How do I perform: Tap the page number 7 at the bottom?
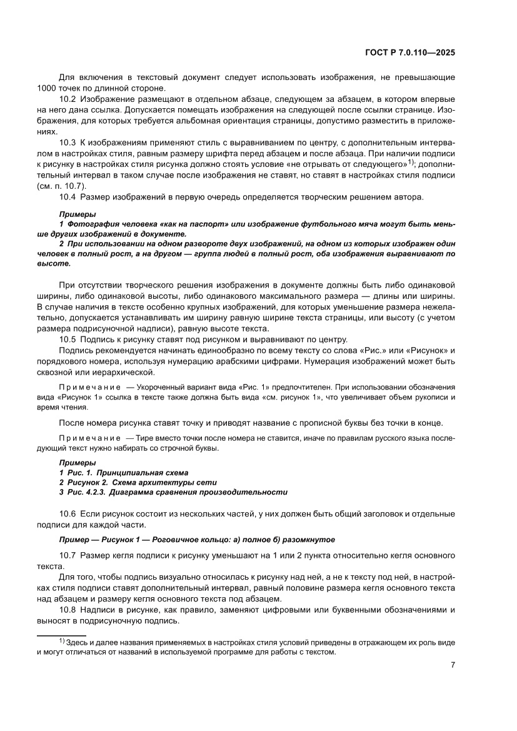pyautogui.click(x=452, y=665)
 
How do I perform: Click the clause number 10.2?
pyautogui.click(x=68, y=99)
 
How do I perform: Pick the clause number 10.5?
pyautogui.click(x=68, y=340)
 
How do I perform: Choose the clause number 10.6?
pyautogui.click(x=68, y=513)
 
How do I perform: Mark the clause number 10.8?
pyautogui.click(x=68, y=609)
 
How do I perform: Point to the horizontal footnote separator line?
pyautogui.click(x=61, y=636)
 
